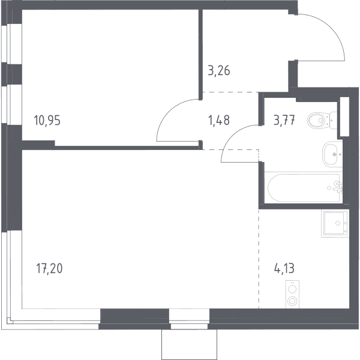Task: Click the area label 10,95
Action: (x=47, y=121)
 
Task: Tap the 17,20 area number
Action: (x=49, y=268)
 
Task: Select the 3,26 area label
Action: (x=219, y=70)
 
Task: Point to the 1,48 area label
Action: (x=219, y=121)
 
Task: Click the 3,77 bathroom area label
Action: (x=284, y=121)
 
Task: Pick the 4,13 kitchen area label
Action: (x=284, y=268)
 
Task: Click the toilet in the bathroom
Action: (x=322, y=120)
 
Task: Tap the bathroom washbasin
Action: (x=332, y=154)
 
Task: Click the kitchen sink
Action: (x=335, y=223)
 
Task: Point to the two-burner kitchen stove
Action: (x=292, y=295)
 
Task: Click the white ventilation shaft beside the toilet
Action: (x=344, y=117)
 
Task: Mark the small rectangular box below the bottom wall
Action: (x=189, y=344)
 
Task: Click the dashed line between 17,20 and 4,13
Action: (x=259, y=258)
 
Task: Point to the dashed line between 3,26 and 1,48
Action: (x=230, y=92)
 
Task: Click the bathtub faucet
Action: (x=338, y=187)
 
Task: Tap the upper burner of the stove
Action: (x=292, y=289)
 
